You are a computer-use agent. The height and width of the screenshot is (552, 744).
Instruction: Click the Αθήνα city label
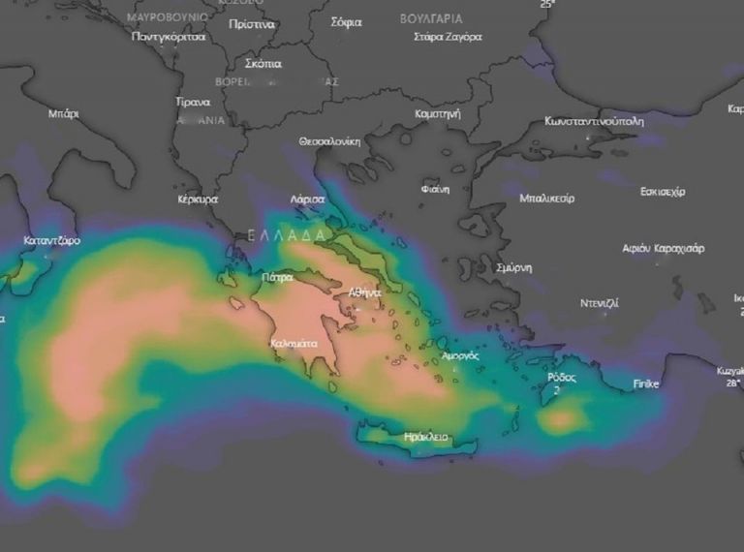click(x=365, y=291)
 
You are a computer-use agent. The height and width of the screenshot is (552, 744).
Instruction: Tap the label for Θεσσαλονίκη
click(x=329, y=141)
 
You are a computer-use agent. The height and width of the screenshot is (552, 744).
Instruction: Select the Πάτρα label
click(x=277, y=277)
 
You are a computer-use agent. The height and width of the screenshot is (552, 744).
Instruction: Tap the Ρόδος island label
click(x=561, y=377)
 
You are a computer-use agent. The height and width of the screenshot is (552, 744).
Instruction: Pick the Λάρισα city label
click(x=307, y=199)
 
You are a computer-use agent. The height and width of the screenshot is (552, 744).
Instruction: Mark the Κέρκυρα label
click(x=198, y=199)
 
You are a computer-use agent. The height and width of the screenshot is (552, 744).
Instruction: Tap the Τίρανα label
click(x=193, y=102)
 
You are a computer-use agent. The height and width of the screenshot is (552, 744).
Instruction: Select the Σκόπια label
click(x=263, y=64)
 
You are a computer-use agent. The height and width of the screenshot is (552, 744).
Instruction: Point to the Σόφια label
click(x=346, y=21)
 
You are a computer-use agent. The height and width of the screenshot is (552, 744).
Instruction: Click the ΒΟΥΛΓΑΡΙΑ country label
click(x=431, y=18)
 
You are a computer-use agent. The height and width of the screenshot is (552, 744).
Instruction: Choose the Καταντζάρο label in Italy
click(x=52, y=240)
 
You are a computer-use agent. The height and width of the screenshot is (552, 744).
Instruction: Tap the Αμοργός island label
click(x=460, y=355)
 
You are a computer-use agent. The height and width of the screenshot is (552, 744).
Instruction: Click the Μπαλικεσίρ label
click(x=546, y=199)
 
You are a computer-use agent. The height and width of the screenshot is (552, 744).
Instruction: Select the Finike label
click(x=646, y=384)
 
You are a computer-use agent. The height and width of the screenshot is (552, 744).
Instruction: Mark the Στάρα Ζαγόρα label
click(x=448, y=37)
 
